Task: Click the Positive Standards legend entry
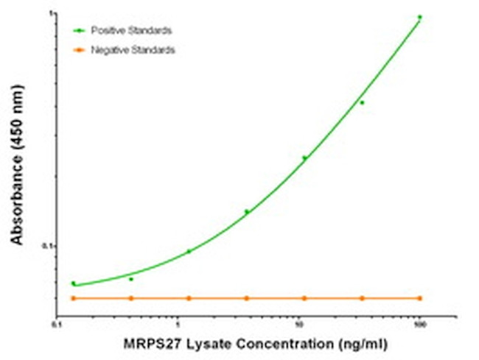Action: [132, 30]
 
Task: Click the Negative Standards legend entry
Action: [133, 50]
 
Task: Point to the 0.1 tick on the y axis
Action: [48, 246]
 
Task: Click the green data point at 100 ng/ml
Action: [419, 17]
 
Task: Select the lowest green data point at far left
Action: [74, 283]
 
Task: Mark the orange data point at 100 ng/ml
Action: [419, 298]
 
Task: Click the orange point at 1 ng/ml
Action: [189, 298]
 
